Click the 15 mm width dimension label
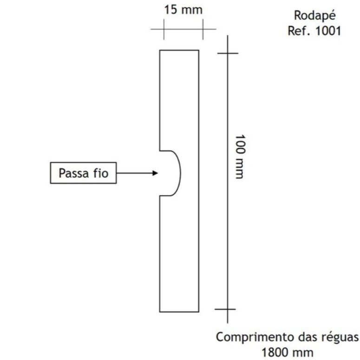coord(183,10)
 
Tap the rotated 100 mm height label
coord(241,157)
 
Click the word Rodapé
coord(315,16)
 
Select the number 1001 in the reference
coord(328,31)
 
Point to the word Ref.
coord(300,31)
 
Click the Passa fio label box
coord(83,173)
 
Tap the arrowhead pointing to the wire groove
coord(156,173)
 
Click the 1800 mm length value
coord(288,353)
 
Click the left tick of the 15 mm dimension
coord(164,29)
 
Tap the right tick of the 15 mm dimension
coord(203,29)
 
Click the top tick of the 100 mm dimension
coord(228,53)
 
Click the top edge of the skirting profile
coord(179,50)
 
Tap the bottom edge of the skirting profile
coord(179,312)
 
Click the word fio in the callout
coord(100,173)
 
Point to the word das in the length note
coord(308,337)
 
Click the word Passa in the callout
coord(73,173)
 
